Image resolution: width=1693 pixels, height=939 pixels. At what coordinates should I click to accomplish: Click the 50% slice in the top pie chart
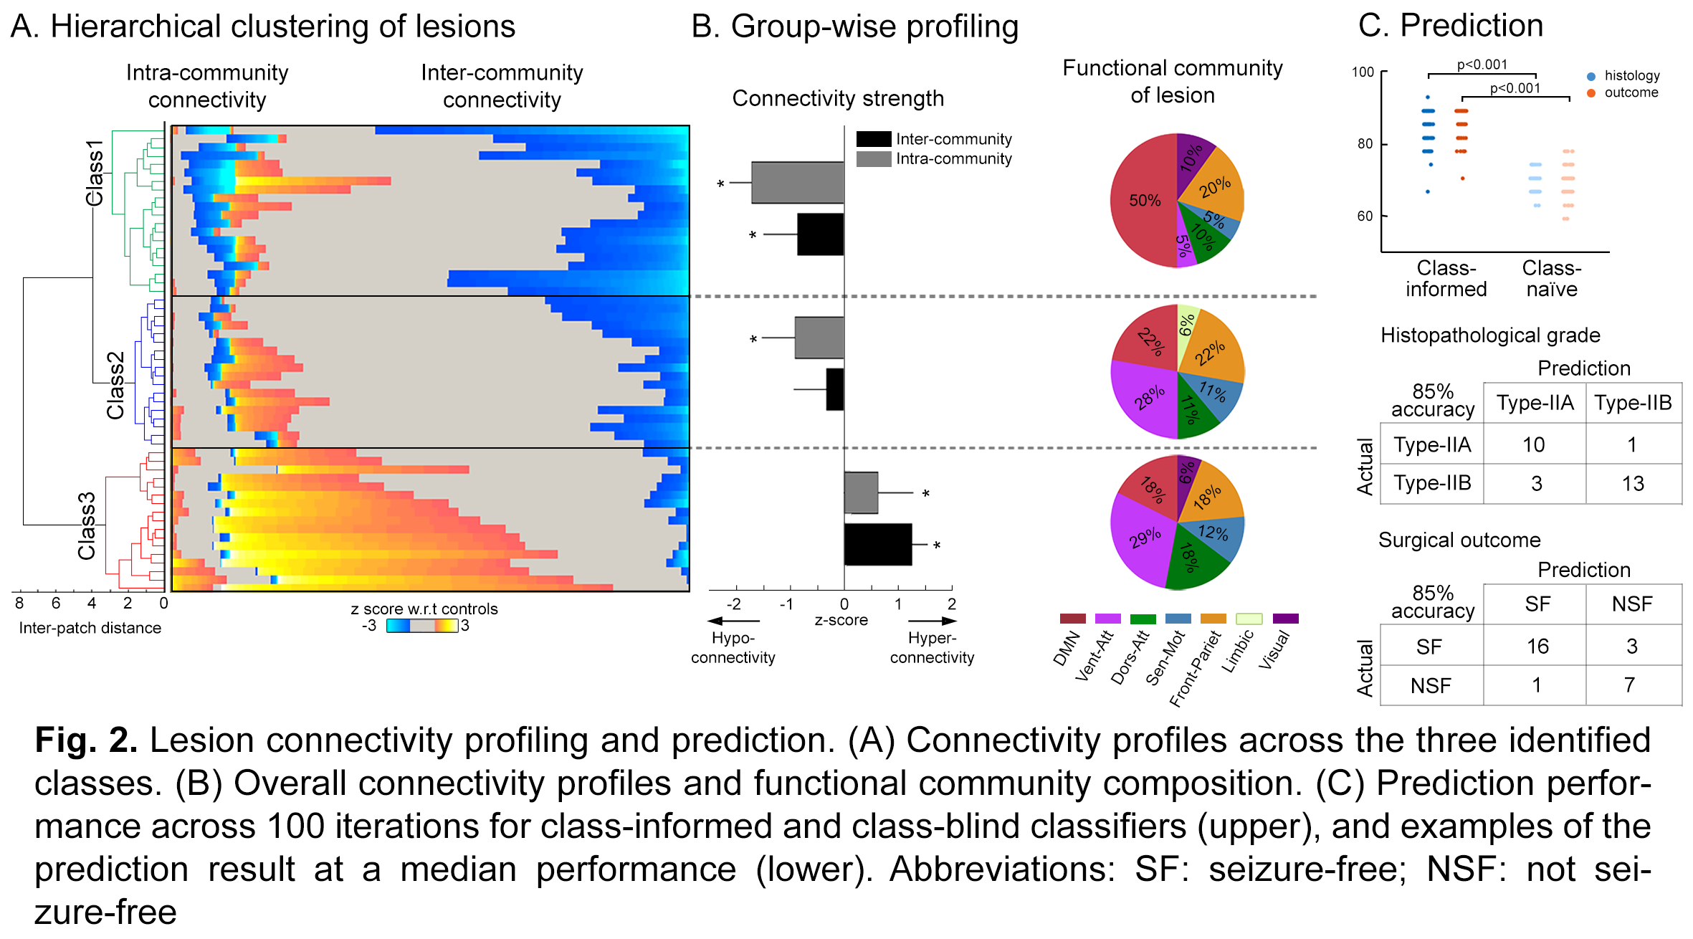pyautogui.click(x=1144, y=201)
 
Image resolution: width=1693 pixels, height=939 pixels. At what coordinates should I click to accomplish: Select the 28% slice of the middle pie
pyautogui.click(x=1147, y=398)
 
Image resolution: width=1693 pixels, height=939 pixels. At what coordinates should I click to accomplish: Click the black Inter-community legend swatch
pyautogui.click(x=873, y=138)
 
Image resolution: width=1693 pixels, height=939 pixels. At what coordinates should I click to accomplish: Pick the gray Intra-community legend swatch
pyautogui.click(x=873, y=158)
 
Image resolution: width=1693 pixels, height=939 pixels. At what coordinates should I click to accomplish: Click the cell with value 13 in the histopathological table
pyautogui.click(x=1633, y=484)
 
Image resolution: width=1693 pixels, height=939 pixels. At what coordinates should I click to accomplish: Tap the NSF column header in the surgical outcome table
pyautogui.click(x=1632, y=604)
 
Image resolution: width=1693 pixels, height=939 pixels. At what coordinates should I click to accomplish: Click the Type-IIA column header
pyautogui.click(x=1535, y=403)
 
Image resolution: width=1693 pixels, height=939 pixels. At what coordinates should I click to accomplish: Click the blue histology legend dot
pyautogui.click(x=1591, y=76)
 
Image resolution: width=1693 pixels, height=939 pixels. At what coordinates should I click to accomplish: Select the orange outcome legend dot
pyautogui.click(x=1591, y=93)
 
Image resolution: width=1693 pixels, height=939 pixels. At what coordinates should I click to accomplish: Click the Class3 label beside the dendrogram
pyautogui.click(x=87, y=525)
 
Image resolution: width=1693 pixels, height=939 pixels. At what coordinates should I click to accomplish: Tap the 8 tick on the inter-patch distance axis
pyautogui.click(x=19, y=604)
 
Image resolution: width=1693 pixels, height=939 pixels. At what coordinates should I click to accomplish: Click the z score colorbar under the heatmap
pyautogui.click(x=421, y=626)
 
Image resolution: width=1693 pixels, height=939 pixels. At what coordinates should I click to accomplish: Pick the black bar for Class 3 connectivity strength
pyautogui.click(x=877, y=545)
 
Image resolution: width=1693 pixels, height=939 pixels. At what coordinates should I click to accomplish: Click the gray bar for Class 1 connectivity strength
pyautogui.click(x=797, y=183)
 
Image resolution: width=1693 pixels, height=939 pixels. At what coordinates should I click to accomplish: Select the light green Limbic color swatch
pyautogui.click(x=1249, y=619)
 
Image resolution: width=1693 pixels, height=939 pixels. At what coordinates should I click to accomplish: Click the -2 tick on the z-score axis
pyautogui.click(x=734, y=604)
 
